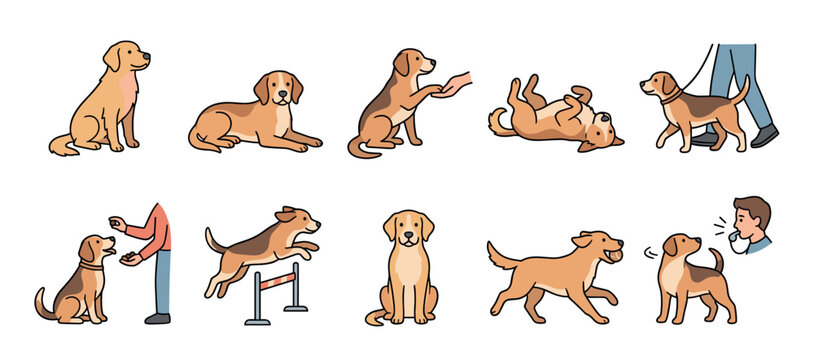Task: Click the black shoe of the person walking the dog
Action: pyautogui.click(x=765, y=135)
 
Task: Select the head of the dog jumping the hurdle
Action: pyautogui.click(x=298, y=221)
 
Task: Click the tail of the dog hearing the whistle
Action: pyautogui.click(x=716, y=260)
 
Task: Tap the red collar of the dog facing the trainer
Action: pyautogui.click(x=91, y=266)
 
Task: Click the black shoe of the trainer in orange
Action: pyautogui.click(x=158, y=318)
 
